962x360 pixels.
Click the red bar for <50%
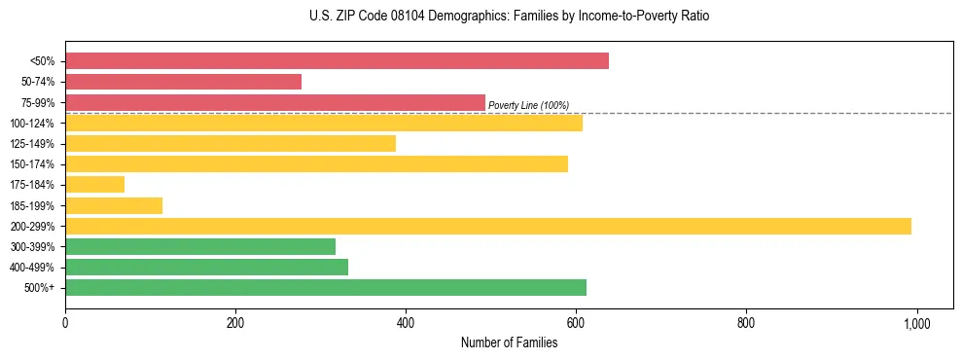point(337,61)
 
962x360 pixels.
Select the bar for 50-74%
point(183,82)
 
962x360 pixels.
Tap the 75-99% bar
point(274,102)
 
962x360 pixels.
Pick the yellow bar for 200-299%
point(487,226)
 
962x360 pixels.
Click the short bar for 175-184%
point(94,184)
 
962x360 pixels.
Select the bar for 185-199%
point(113,205)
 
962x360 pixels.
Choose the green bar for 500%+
point(325,287)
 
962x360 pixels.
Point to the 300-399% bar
point(199,246)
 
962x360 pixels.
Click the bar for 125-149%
point(230,143)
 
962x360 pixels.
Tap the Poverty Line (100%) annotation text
point(528,105)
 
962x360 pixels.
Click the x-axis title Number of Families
point(509,342)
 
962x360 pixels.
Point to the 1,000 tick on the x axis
point(916,323)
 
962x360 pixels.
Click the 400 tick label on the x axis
point(406,323)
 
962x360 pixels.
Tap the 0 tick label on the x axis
point(65,323)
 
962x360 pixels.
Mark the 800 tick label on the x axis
point(746,323)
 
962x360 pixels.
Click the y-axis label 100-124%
point(33,124)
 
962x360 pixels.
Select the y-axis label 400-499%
point(33,268)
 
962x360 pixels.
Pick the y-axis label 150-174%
point(33,164)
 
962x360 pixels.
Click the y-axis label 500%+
point(40,288)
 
